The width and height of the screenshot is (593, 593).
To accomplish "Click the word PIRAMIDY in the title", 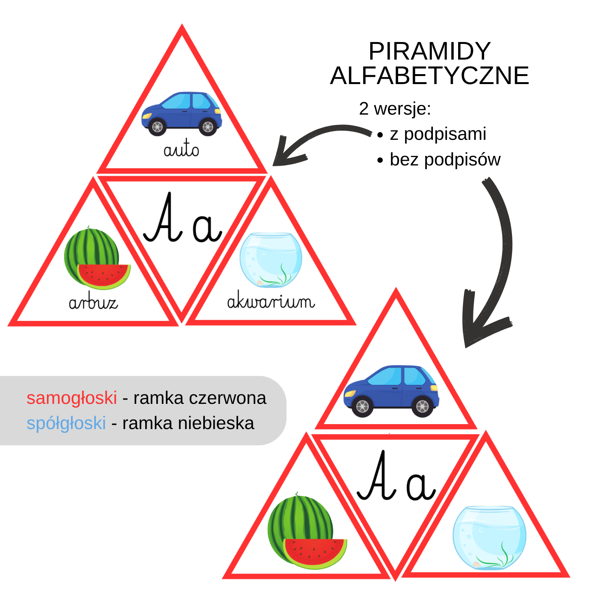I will (429, 51).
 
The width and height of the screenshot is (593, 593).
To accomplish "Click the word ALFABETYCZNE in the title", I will (429, 76).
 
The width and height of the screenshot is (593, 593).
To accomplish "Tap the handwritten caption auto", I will (181, 149).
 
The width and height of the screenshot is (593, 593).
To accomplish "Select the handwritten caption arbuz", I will (93, 303).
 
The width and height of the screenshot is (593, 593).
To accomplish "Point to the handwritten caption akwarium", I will (271, 301).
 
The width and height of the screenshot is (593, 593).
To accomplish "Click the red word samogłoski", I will (72, 398).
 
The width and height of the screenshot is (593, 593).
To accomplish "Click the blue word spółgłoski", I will (66, 423).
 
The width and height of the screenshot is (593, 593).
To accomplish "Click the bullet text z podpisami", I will (438, 134).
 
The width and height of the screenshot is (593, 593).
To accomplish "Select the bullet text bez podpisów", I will (445, 160).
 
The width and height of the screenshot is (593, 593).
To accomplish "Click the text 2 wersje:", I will (395, 109).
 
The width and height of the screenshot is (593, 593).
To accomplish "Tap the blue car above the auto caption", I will (181, 113).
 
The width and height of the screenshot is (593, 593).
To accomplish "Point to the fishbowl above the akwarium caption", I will (271, 260).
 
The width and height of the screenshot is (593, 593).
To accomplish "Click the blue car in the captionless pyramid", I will (391, 390).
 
